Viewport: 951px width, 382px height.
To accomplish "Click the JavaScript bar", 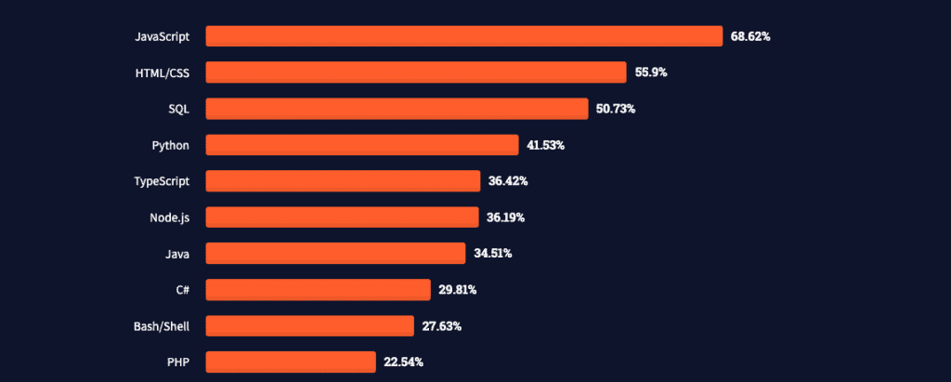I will click(463, 36).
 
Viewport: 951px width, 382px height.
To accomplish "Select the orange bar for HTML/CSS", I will click(415, 72).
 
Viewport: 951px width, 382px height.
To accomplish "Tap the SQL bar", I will click(397, 109).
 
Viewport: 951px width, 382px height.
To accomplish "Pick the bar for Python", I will click(361, 145).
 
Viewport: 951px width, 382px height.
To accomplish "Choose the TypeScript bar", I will click(343, 181).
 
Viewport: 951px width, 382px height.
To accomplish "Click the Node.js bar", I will click(342, 217).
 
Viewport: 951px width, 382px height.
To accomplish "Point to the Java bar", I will click(334, 254).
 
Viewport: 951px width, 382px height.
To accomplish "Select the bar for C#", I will click(318, 290).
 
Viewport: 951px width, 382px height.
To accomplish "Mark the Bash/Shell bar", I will click(309, 326).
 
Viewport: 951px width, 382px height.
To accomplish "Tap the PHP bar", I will click(290, 362).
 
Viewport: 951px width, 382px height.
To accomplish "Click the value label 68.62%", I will click(750, 37).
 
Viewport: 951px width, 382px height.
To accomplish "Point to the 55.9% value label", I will click(651, 72).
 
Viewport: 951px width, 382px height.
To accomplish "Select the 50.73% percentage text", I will click(616, 109).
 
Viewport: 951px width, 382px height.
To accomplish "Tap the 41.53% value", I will click(545, 145).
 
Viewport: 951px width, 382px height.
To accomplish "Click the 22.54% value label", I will click(403, 362).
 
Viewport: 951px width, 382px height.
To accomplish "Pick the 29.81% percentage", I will click(458, 290).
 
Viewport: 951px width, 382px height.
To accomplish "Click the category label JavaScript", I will click(163, 37).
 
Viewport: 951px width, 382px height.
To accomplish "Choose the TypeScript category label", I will click(163, 181).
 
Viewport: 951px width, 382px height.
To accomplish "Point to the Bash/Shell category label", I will click(162, 326).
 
